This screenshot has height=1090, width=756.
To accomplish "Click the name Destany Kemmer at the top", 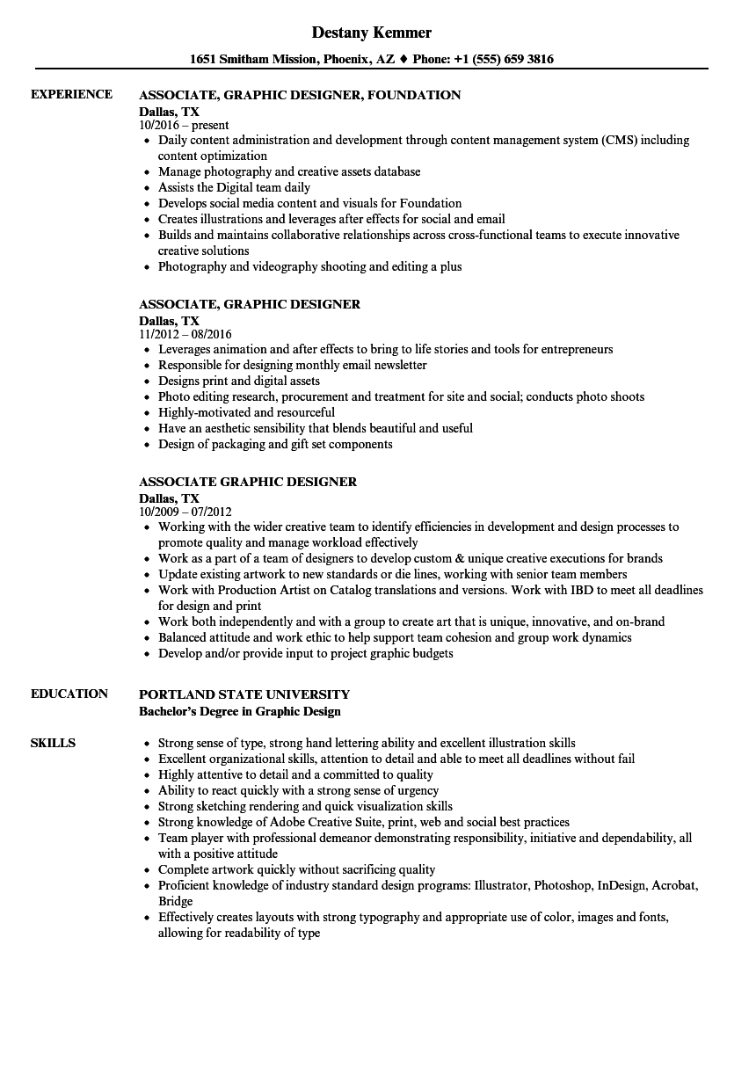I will tap(372, 33).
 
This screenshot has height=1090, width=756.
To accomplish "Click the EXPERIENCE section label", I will tap(71, 95).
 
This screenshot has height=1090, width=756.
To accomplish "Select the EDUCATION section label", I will tap(69, 694).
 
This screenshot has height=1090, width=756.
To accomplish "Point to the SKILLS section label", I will tap(53, 743).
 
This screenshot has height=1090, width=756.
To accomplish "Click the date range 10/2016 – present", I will tap(184, 126).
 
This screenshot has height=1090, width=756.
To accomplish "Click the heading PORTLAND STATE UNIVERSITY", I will tap(244, 694).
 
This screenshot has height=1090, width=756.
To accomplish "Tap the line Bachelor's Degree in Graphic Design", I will tap(240, 710).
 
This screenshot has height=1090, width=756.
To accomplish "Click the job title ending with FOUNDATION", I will tap(300, 95).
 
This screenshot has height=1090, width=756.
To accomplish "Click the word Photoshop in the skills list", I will tap(564, 885).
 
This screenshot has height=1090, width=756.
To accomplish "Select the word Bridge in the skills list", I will tap(175, 901).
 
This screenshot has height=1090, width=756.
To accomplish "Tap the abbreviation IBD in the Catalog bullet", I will tap(579, 591).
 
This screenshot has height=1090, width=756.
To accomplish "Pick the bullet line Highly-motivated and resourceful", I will tap(246, 413).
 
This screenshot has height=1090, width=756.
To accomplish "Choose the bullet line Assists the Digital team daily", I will tap(234, 188).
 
